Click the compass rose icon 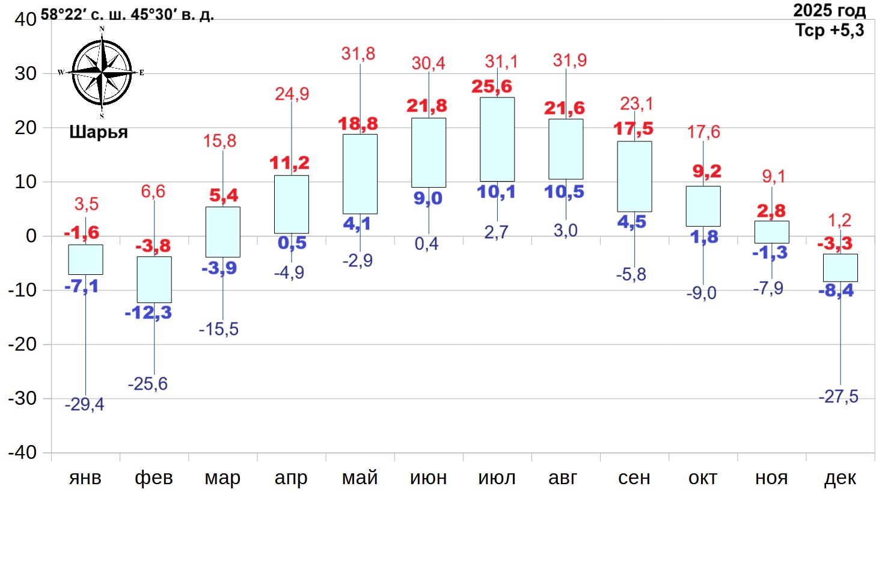click(x=102, y=73)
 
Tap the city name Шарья click(x=99, y=132)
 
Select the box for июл click(x=497, y=140)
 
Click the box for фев click(x=154, y=280)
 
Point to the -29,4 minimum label click(x=84, y=404)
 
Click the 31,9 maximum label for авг click(x=569, y=60)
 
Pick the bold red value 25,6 click(x=491, y=87)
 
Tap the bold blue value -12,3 click(x=148, y=313)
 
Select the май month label click(x=360, y=478)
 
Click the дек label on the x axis click(x=840, y=478)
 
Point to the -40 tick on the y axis click(x=22, y=452)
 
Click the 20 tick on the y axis click(x=25, y=128)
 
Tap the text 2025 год click(x=829, y=10)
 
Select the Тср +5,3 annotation click(x=830, y=30)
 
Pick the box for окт click(x=703, y=206)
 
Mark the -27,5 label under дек click(x=838, y=396)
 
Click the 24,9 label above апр click(x=292, y=94)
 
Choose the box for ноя click(x=771, y=232)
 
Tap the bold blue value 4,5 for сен click(x=631, y=222)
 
